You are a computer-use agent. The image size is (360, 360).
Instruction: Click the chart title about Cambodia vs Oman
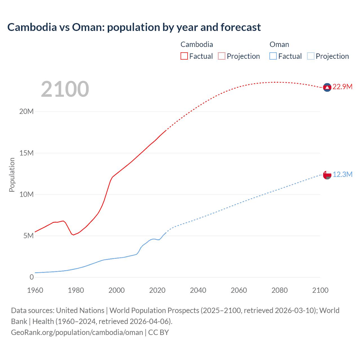click(x=134, y=27)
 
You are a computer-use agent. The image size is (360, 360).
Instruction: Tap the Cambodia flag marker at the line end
click(x=327, y=87)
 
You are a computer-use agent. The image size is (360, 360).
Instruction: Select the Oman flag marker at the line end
click(x=327, y=175)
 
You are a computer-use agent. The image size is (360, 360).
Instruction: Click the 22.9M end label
click(x=342, y=87)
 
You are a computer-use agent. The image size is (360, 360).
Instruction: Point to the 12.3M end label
click(x=342, y=175)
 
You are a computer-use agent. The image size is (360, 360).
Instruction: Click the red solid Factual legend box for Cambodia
click(x=184, y=56)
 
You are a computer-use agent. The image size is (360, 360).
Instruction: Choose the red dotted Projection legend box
click(x=222, y=56)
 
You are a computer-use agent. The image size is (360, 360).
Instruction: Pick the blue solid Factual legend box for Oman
click(x=273, y=56)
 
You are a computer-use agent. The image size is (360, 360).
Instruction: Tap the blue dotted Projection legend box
click(x=310, y=56)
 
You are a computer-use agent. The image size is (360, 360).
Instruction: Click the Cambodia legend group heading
click(x=197, y=44)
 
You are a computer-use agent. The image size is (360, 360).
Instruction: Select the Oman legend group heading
click(x=279, y=44)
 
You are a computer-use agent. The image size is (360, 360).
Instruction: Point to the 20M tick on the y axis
click(x=26, y=112)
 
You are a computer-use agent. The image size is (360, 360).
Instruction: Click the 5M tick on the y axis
click(x=28, y=236)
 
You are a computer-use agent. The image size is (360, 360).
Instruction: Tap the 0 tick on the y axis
click(x=31, y=277)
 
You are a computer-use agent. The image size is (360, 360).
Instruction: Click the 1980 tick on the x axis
click(x=76, y=290)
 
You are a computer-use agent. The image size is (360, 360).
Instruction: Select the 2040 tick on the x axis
click(x=198, y=290)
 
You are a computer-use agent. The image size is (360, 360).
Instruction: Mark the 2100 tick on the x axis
click(x=320, y=290)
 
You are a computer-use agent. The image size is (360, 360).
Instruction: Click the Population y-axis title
click(x=12, y=175)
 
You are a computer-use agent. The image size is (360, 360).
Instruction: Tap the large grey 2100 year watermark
click(x=65, y=89)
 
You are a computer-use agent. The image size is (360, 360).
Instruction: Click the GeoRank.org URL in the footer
click(x=77, y=332)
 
